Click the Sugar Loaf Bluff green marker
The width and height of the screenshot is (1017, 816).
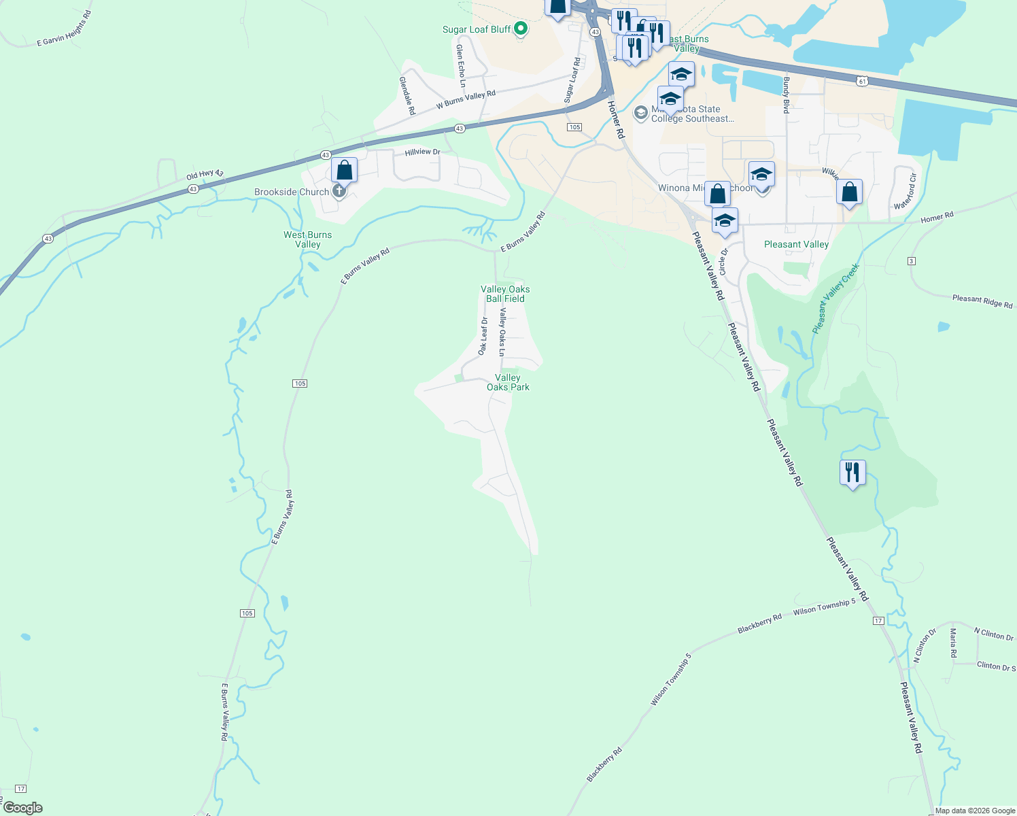click(x=521, y=29)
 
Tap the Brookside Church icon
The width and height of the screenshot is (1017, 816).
click(x=339, y=192)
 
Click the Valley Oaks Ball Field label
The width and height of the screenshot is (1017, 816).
click(x=505, y=294)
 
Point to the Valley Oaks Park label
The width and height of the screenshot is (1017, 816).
click(x=508, y=382)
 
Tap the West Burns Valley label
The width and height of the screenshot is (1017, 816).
click(x=308, y=239)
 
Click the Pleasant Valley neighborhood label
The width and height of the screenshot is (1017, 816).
click(x=796, y=244)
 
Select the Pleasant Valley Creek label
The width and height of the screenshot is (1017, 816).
click(x=835, y=299)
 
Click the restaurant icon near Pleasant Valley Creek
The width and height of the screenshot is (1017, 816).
click(x=852, y=472)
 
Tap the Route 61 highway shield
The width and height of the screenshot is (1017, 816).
click(x=862, y=81)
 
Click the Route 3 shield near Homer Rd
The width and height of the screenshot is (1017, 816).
click(x=912, y=261)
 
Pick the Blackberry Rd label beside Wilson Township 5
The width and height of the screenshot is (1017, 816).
click(x=759, y=625)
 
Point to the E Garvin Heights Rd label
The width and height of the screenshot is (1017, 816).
click(x=64, y=29)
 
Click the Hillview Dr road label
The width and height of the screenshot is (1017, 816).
click(x=422, y=152)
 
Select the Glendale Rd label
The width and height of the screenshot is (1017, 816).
click(x=407, y=95)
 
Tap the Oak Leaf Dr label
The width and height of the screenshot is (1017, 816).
click(x=483, y=336)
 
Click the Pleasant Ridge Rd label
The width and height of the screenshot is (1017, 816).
click(x=982, y=301)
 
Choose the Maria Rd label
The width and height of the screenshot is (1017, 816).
click(x=953, y=643)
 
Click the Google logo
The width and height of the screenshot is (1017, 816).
click(x=22, y=808)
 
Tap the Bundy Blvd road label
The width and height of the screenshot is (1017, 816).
click(x=786, y=95)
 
